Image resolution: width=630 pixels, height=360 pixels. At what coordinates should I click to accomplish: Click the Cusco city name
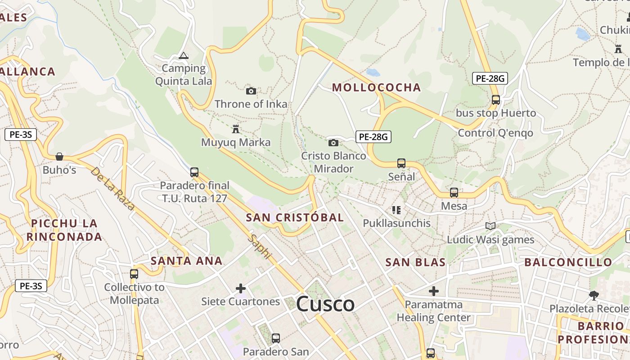[x=325, y=304]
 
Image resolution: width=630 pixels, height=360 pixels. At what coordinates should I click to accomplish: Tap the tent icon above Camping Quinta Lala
[x=183, y=56]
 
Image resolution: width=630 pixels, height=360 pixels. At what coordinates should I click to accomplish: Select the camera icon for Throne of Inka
[x=251, y=91]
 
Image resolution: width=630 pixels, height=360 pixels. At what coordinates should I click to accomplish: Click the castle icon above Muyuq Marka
[x=235, y=129]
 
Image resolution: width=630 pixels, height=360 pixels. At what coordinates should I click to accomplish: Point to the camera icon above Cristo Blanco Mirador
[x=333, y=143]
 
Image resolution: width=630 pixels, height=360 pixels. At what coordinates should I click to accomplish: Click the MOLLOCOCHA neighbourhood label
[x=376, y=87]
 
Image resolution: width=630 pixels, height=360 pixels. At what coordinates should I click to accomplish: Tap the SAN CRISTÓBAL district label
[x=295, y=217]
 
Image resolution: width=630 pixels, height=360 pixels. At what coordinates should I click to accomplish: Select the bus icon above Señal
[x=401, y=163]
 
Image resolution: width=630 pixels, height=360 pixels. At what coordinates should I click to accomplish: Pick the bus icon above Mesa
[x=454, y=193]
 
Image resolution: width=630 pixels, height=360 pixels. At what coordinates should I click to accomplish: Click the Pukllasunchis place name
[x=396, y=223]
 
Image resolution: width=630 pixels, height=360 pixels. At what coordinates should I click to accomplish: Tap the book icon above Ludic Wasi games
[x=490, y=226]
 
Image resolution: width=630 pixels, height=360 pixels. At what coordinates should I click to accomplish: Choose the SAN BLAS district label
[x=416, y=262]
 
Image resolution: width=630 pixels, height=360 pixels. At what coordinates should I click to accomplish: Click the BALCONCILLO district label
[x=568, y=262]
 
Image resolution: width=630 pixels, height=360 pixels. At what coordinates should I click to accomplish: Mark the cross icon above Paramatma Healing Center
[x=433, y=291]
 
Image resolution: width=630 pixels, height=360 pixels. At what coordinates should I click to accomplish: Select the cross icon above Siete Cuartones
[x=241, y=288]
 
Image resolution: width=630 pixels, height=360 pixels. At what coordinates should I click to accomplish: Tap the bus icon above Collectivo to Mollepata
[x=134, y=274]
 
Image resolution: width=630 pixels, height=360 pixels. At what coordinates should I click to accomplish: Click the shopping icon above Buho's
[x=59, y=157]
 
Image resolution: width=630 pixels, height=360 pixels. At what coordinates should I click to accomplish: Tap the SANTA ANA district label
[x=187, y=261]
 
